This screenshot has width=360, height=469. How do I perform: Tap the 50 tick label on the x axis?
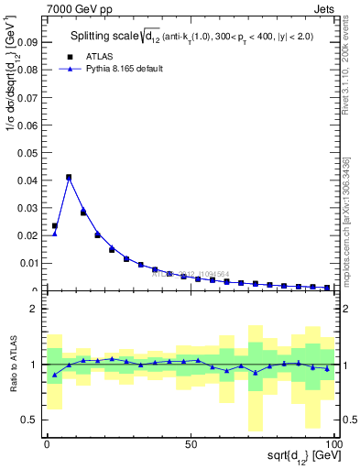coord(191,443)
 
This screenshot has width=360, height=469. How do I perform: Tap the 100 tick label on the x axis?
coord(333,443)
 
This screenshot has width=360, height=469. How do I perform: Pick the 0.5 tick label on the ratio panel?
coord(29,420)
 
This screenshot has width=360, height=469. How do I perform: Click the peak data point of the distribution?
coord(69,177)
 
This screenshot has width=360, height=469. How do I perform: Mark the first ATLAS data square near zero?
coord(55,225)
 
